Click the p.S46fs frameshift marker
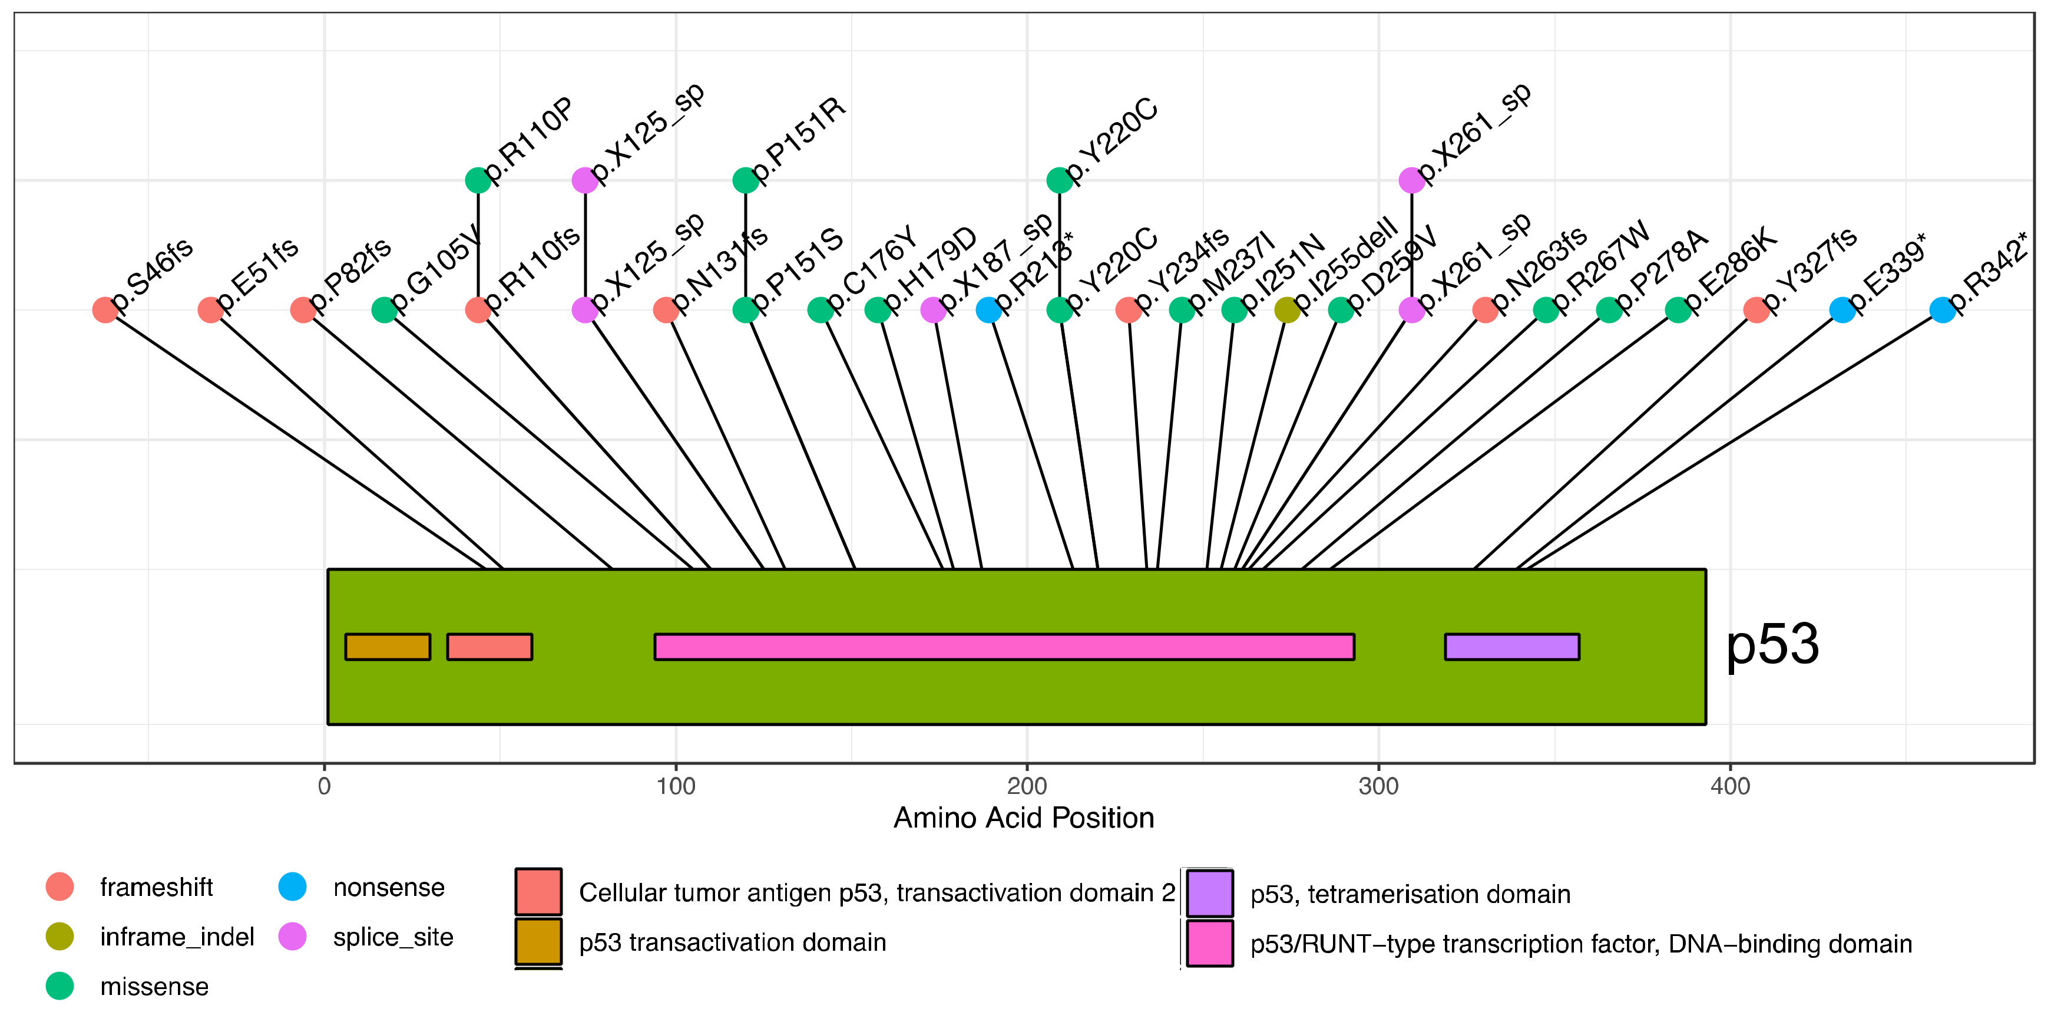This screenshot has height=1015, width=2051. pyautogui.click(x=105, y=310)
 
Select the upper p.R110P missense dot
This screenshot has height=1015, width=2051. pyautogui.click(x=478, y=180)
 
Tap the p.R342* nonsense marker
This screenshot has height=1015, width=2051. pyautogui.click(x=1942, y=310)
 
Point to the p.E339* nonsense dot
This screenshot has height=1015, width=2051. pyautogui.click(x=1842, y=310)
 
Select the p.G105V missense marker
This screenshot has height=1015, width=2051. pyautogui.click(x=384, y=310)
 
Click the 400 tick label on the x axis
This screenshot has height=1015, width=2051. pyautogui.click(x=1729, y=786)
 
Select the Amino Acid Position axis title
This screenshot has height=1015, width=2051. pyautogui.click(x=1023, y=818)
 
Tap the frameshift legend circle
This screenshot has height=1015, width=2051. pyautogui.click(x=59, y=887)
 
